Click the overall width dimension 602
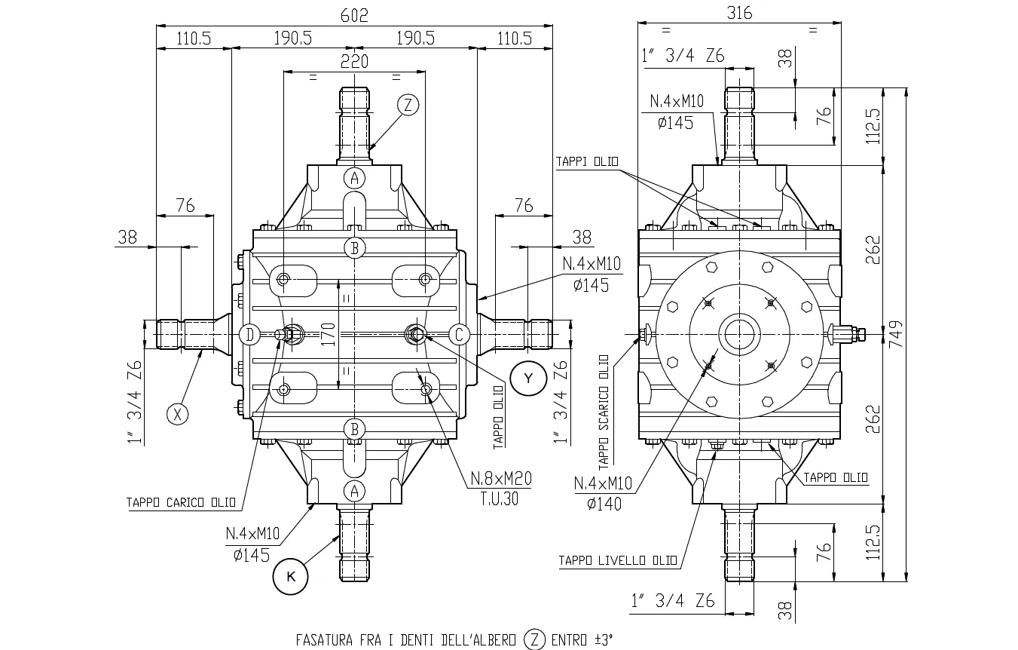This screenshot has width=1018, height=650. pyautogui.click(x=354, y=16)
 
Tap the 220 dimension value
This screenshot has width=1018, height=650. pyautogui.click(x=354, y=62)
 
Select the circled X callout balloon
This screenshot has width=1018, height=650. pyautogui.click(x=177, y=414)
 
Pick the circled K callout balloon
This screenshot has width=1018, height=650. pyautogui.click(x=291, y=577)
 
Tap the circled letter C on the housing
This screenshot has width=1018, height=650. pyautogui.click(x=459, y=334)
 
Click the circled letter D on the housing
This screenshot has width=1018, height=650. pyautogui.click(x=249, y=334)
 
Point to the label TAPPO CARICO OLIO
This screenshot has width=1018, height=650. pyautogui.click(x=181, y=503)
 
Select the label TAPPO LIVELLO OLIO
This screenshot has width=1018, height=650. pyautogui.click(x=617, y=561)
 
